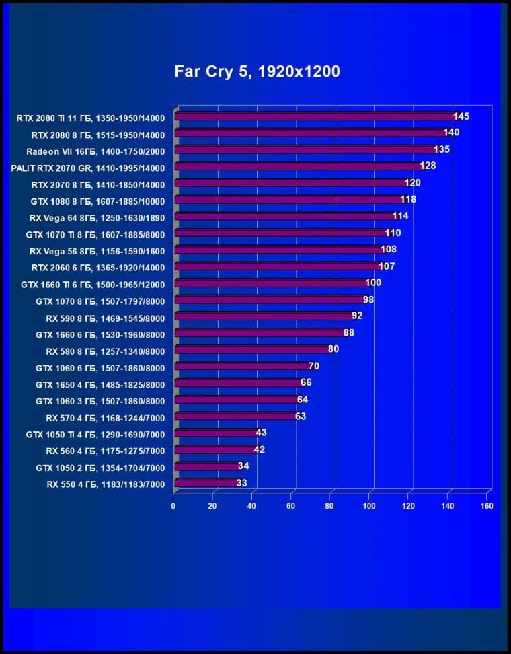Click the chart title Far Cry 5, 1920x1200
257,71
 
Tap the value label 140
451,133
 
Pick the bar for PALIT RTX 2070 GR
299,166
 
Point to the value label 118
408,199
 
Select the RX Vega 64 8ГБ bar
286,216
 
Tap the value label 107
387,266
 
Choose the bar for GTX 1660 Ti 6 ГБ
272,283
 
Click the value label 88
348,332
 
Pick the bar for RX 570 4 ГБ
235,416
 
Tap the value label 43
262,433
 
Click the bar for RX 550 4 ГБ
206,483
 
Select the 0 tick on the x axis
173,505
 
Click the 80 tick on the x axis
330,505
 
